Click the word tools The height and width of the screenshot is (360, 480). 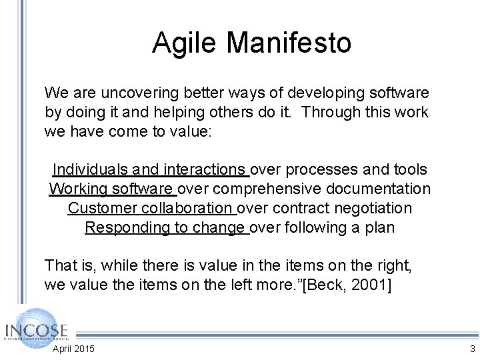(409, 170)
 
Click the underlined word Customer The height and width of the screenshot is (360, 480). (101, 208)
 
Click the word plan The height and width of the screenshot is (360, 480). (380, 227)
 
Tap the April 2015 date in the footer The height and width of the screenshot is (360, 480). (73, 349)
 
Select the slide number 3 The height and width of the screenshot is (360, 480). (472, 349)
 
